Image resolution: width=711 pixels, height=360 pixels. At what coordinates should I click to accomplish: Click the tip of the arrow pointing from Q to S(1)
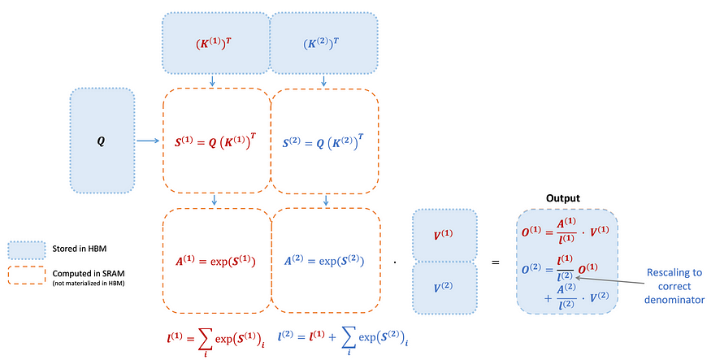pos(159,141)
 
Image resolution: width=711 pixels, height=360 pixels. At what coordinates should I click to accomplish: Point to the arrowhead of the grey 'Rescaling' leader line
pos(575,277)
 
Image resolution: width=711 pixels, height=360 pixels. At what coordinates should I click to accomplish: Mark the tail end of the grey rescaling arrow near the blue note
pos(644,284)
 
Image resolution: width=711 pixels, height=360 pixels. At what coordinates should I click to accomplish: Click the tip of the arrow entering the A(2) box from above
pos(326,206)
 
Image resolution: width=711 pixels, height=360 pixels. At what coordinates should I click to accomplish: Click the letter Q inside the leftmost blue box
pos(101,141)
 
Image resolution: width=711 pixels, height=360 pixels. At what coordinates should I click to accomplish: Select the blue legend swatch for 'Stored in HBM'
pos(27,249)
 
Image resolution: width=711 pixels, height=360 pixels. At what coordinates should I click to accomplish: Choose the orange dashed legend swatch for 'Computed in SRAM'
pos(27,275)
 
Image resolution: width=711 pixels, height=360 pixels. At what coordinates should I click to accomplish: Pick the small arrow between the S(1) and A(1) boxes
pos(214,200)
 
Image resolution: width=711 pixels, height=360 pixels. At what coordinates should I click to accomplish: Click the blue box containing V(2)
pos(444,288)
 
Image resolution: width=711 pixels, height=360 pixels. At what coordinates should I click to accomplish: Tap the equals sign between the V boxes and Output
pos(496,262)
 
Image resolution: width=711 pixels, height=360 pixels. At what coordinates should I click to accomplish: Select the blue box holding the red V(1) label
pos(444,235)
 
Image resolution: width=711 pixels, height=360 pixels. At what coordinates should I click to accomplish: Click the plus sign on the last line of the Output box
pos(548,298)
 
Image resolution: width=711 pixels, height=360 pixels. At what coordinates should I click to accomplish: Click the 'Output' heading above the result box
pos(563,198)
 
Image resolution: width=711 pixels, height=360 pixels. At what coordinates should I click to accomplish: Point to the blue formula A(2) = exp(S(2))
pos(323,261)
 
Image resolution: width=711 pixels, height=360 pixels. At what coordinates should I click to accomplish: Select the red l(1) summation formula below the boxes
pos(216,342)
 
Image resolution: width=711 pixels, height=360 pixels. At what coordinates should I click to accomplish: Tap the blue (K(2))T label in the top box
pos(321,44)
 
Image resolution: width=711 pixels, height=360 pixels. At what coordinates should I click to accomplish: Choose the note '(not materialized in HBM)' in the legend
pos(89,284)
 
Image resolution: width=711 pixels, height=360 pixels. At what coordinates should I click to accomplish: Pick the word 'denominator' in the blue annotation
pos(674,300)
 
